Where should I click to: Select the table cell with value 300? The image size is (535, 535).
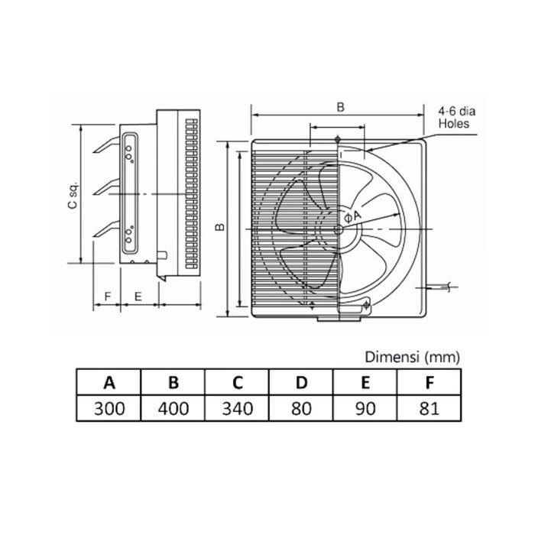pos(109,407)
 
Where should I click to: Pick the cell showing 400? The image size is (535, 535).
pos(173,407)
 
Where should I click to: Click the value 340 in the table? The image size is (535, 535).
pos(238,407)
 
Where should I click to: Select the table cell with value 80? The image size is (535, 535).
pos(302,407)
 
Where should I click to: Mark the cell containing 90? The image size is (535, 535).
pos(365,407)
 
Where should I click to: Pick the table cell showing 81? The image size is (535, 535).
pos(429,407)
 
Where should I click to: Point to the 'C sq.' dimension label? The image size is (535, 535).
pos(71,196)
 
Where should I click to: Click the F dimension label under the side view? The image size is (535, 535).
pos(107,295)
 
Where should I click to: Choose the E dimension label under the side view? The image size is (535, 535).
pos(138,295)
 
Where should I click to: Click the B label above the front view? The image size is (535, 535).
pos(339,108)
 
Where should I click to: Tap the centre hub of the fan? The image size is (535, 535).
pos(338,229)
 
